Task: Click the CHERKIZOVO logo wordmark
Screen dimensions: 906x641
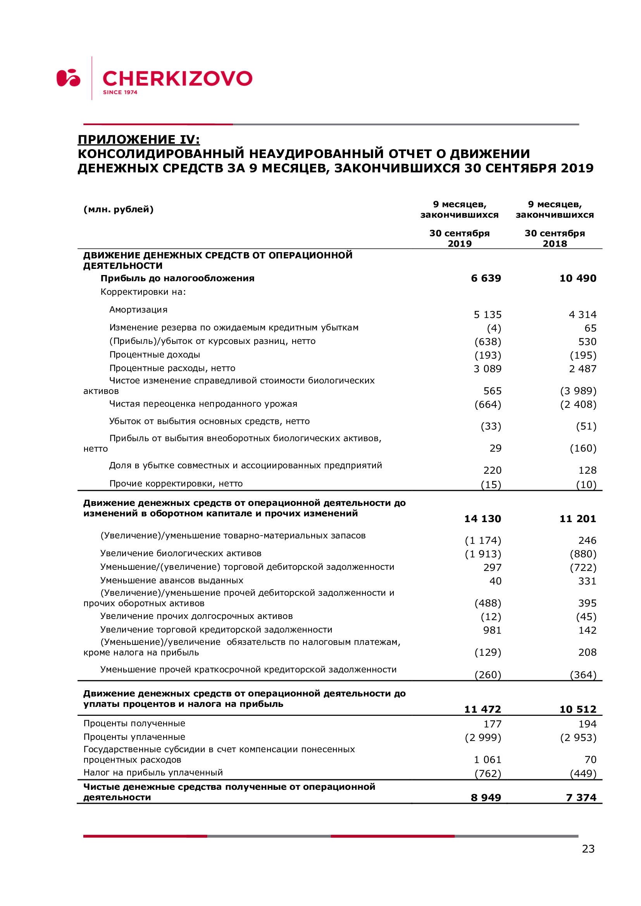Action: [x=177, y=78]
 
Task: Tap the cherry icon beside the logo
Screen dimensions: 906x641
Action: [x=68, y=78]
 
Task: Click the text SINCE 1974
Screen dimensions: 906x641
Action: [x=120, y=92]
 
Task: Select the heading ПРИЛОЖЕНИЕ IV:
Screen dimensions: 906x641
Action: [x=138, y=139]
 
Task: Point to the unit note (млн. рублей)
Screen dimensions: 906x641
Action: [x=119, y=209]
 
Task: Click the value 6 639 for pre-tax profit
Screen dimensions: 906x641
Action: [x=486, y=278]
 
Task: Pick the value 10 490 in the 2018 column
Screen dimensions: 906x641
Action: [x=577, y=278]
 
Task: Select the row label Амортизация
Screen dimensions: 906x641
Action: [x=138, y=310]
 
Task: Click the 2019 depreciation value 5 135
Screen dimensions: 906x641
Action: [x=487, y=315]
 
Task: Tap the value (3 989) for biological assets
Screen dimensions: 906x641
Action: [x=578, y=391]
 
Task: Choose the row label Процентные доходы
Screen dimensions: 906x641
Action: [x=154, y=355]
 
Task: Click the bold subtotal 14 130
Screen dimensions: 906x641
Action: [x=482, y=519]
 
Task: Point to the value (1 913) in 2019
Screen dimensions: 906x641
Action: [x=483, y=554]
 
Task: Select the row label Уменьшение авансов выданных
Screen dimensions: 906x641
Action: [x=172, y=581]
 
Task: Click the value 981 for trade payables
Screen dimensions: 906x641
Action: [x=492, y=630]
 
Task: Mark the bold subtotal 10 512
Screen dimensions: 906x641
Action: [x=577, y=709]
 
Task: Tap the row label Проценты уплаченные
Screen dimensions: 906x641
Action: [x=134, y=737]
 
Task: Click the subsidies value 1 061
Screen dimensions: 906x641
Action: [x=487, y=760]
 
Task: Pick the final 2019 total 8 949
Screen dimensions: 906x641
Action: [x=486, y=798]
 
